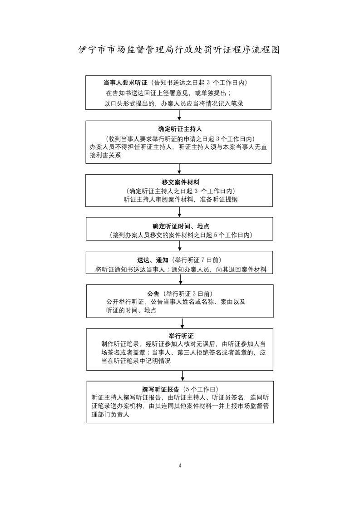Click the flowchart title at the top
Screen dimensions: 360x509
pyautogui.click(x=179, y=49)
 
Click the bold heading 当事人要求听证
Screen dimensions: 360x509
pyautogui.click(x=125, y=83)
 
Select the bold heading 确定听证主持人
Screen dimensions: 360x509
pyautogui.click(x=180, y=129)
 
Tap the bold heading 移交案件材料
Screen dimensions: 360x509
pyautogui.click(x=181, y=182)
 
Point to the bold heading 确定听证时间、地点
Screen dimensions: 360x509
pyautogui.click(x=181, y=226)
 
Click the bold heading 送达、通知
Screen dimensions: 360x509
pyautogui.click(x=153, y=260)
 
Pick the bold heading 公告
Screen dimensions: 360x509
pyautogui.click(x=153, y=294)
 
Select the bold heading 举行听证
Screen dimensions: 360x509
pyautogui.click(x=181, y=336)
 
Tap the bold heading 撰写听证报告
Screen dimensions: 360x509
pyautogui.click(x=161, y=390)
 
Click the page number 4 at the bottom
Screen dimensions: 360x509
pyautogui.click(x=180, y=465)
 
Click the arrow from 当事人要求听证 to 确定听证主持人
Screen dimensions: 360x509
pyautogui.click(x=179, y=115)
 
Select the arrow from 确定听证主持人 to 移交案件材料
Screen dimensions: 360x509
pyautogui.click(x=179, y=169)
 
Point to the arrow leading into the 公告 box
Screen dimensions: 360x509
pyautogui.click(x=181, y=279)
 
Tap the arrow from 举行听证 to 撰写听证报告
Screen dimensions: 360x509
pyautogui.click(x=182, y=376)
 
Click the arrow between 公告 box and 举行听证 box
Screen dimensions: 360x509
pyautogui.click(x=182, y=323)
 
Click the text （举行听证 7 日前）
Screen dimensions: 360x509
pyautogui.click(x=197, y=260)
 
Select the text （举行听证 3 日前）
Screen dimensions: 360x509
pyautogui.click(x=188, y=294)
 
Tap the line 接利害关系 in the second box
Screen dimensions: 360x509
pyautogui.click(x=105, y=156)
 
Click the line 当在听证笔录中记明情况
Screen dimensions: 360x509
pyautogui.click(x=136, y=361)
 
